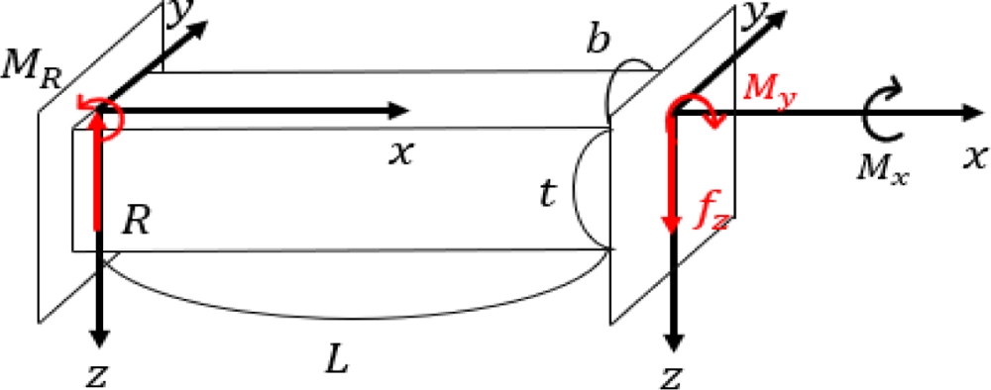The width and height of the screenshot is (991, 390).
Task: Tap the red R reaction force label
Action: [136, 223]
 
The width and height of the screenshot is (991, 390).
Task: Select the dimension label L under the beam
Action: [337, 359]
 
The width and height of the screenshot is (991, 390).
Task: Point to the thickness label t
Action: [546, 195]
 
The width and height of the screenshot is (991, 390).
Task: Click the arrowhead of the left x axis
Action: [400, 110]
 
